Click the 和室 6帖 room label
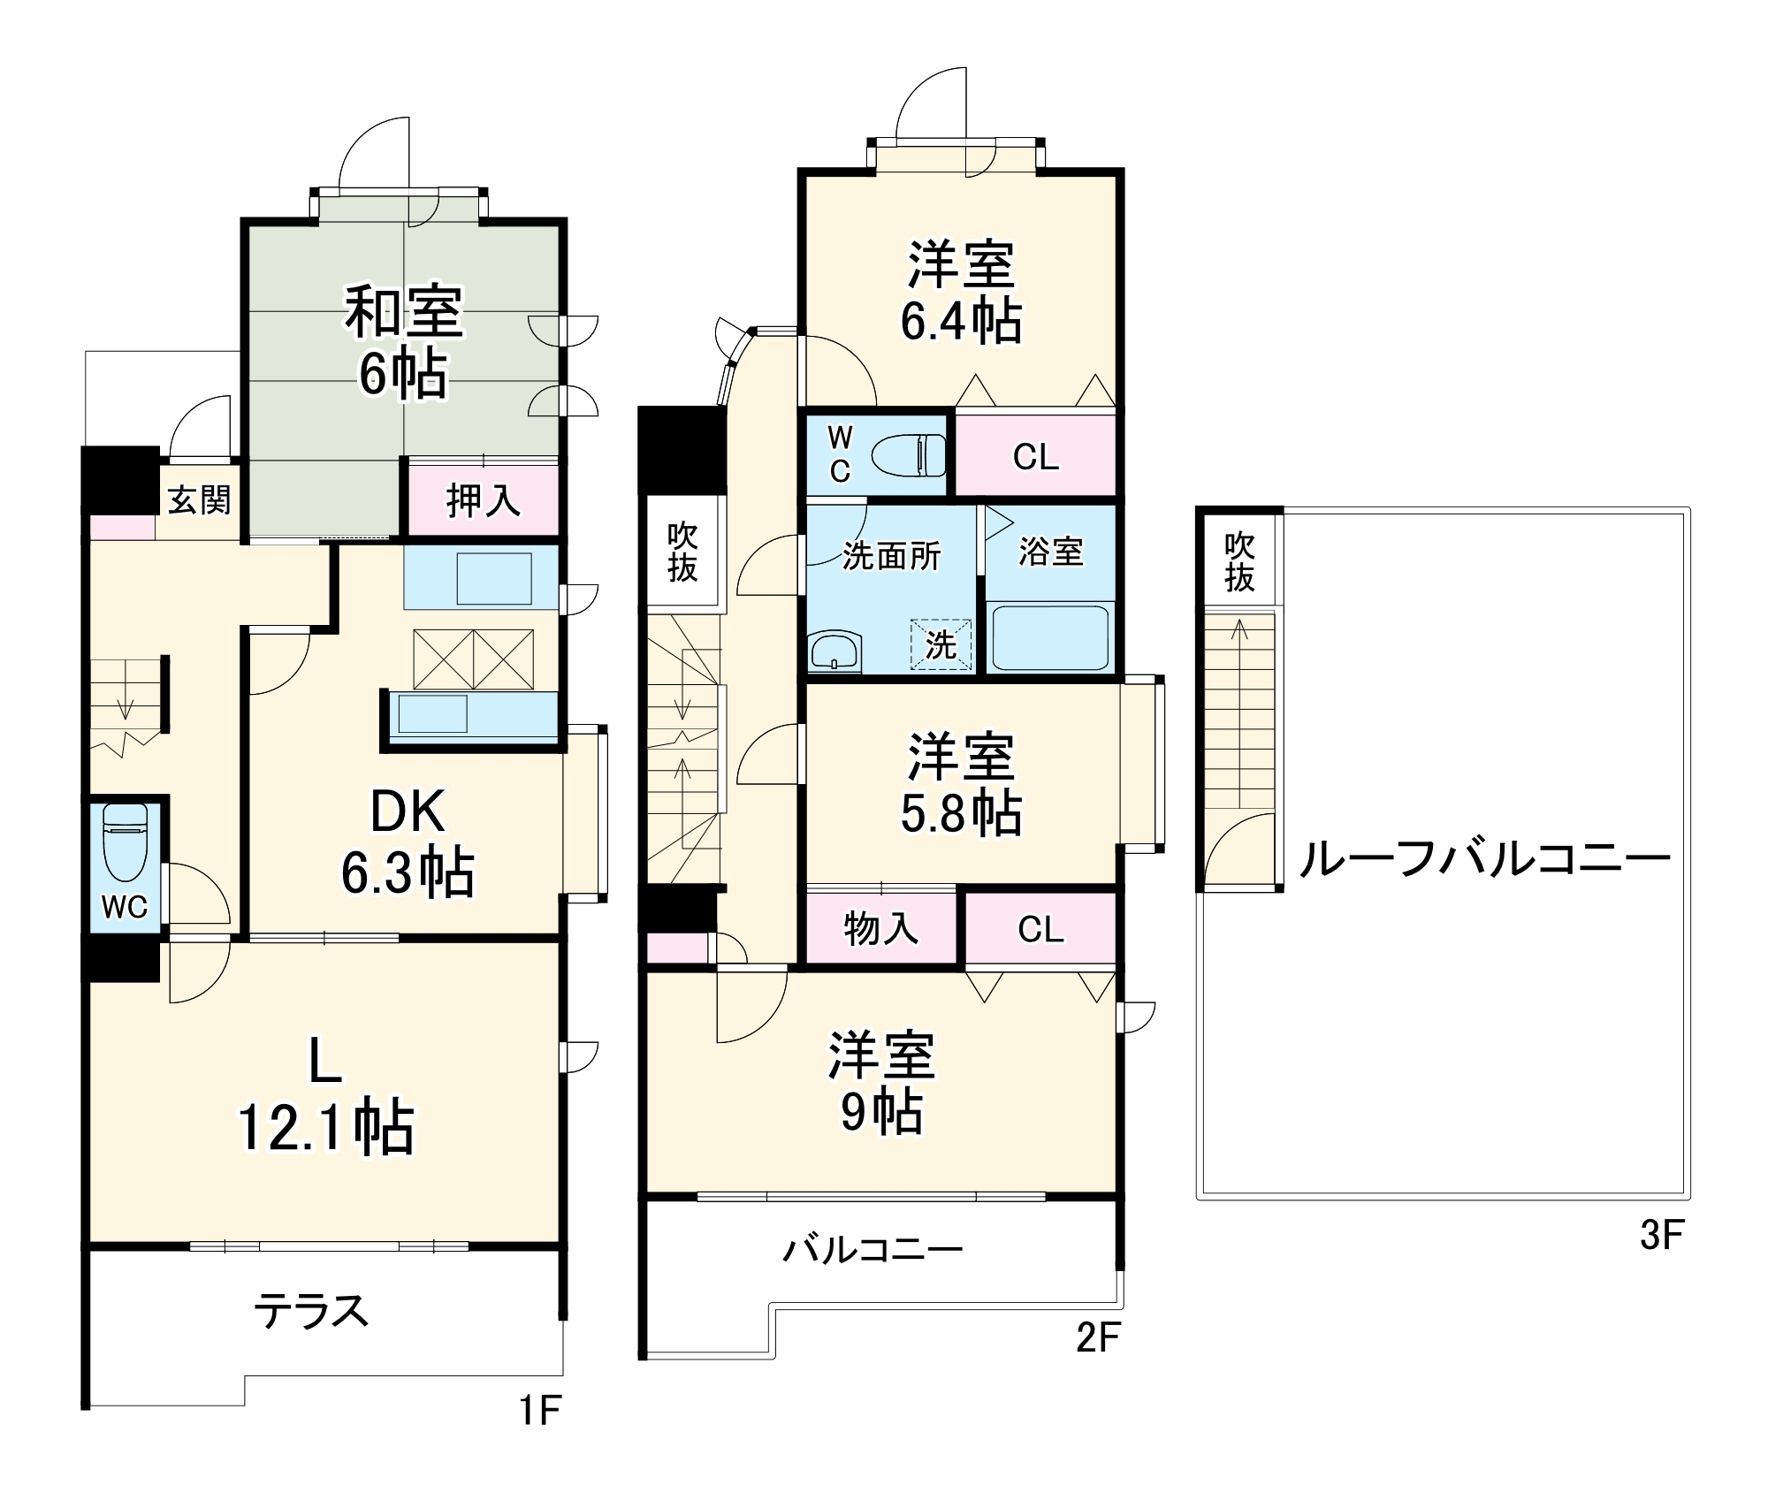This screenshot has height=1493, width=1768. [403, 343]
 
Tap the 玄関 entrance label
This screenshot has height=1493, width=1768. [199, 500]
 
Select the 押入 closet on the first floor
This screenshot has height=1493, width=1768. [483, 501]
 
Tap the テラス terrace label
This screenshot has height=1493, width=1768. [310, 1310]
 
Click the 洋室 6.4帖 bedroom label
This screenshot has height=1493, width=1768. [961, 293]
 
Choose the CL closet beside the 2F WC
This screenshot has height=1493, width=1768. [1035, 457]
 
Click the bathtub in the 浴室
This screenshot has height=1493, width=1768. [1050, 636]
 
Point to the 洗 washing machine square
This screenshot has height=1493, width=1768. [941, 644]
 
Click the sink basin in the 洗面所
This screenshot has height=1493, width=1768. [834, 651]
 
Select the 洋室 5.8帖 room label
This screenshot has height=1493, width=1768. [961, 783]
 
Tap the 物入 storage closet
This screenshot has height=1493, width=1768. [880, 929]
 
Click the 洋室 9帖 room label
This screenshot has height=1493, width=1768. [881, 1083]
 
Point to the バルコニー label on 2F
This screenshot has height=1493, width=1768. [873, 1249]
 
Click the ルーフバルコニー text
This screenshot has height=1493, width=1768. [1484, 858]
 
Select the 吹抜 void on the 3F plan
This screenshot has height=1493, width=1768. [1239, 562]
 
